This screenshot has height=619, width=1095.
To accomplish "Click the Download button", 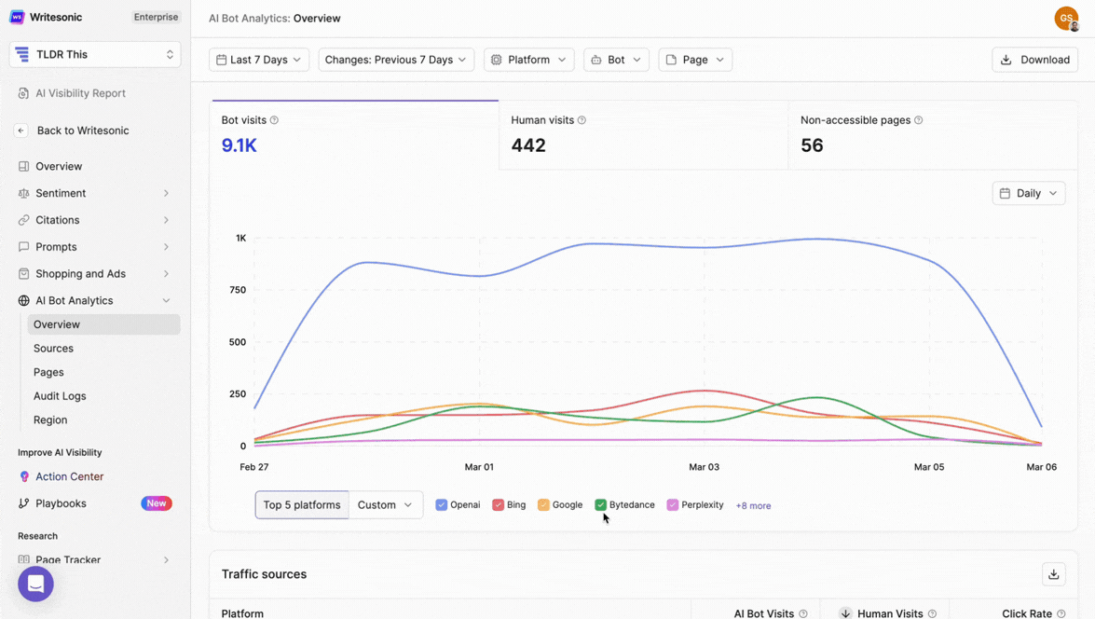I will [1034, 60].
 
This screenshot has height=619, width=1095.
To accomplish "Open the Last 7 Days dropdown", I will [259, 60].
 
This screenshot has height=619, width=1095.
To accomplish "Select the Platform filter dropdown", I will [528, 60].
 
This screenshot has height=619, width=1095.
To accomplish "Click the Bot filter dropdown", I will [616, 60].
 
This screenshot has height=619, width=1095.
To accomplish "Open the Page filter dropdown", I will [695, 60].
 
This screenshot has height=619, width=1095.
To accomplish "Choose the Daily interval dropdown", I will [1028, 193].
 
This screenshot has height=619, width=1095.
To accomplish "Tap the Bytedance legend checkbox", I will [601, 505].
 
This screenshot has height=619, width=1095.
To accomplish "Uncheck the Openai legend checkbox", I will [442, 505].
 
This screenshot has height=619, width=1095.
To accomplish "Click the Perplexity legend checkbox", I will [673, 505].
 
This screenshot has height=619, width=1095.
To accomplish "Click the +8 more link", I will [753, 505].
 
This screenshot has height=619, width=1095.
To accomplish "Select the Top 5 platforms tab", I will [302, 505].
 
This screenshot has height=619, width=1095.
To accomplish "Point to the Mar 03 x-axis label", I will [704, 466].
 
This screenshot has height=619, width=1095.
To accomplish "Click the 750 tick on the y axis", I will [238, 290].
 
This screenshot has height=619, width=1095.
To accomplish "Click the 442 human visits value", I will [528, 145].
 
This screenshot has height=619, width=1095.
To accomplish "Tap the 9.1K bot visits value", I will [240, 145].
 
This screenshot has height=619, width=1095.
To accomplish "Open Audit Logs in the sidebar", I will [60, 396].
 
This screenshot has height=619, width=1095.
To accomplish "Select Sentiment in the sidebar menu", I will [61, 193].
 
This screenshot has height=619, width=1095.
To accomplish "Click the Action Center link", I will [69, 476].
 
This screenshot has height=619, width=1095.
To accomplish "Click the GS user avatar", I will [1066, 18].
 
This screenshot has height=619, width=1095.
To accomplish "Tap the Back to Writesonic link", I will [82, 131].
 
